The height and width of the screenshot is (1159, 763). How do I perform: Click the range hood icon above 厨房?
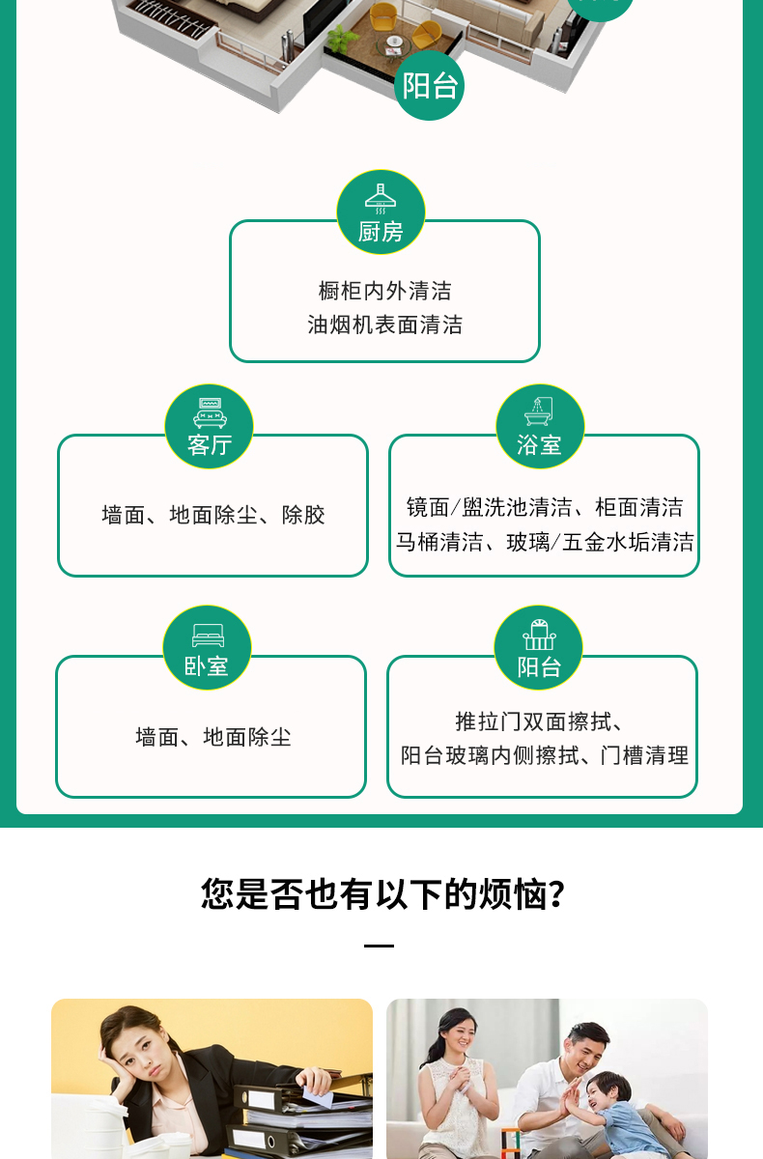point(381,197)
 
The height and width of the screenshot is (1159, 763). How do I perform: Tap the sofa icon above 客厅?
point(210,412)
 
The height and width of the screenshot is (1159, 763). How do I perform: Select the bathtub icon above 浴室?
point(539,411)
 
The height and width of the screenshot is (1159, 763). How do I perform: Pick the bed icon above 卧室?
point(208,635)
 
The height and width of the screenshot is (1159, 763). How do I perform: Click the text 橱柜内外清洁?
point(384,291)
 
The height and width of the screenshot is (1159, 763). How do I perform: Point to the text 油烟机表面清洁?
point(384,325)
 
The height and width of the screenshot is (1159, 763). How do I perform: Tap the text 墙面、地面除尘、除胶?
point(213,515)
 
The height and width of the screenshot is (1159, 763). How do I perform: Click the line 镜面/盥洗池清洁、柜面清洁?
point(544,507)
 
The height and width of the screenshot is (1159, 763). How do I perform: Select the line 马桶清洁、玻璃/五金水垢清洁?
point(544,542)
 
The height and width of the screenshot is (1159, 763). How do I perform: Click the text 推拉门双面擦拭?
point(539,721)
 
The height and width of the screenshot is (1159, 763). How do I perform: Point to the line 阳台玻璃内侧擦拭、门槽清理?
point(544,755)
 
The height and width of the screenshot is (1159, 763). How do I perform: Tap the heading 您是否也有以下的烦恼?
point(381,893)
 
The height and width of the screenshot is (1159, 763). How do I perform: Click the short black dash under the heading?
point(380,947)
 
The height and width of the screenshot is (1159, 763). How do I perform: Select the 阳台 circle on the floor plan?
point(429,86)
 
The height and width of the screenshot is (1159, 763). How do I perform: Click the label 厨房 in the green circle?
point(381,232)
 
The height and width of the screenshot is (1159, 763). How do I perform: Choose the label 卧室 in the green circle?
point(207,665)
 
